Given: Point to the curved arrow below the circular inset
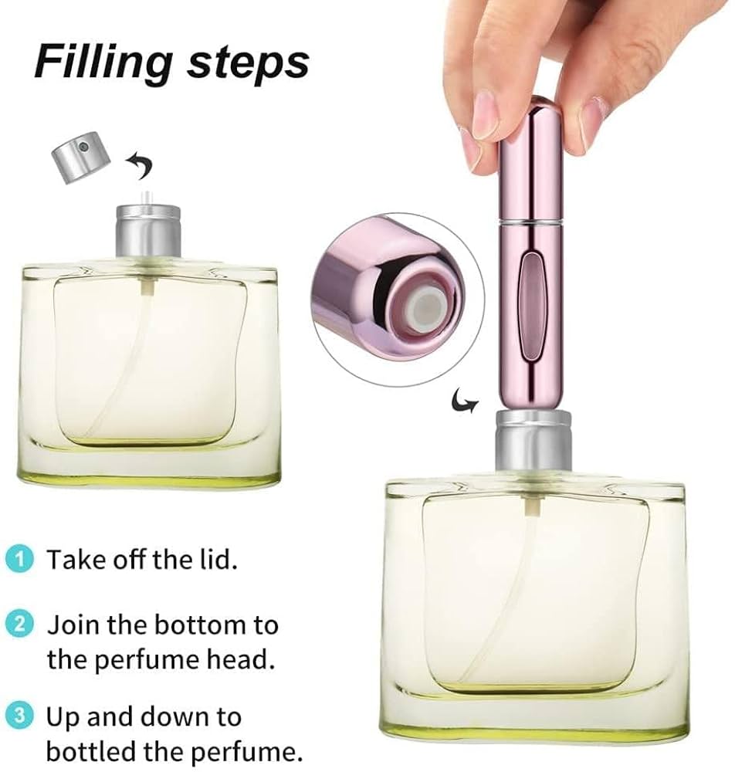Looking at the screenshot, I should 463,401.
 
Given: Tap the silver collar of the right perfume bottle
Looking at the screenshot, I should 533,443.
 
